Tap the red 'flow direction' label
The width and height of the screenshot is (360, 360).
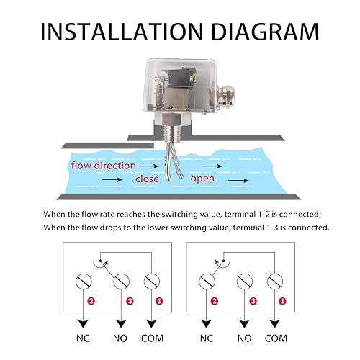(x=103, y=165)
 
